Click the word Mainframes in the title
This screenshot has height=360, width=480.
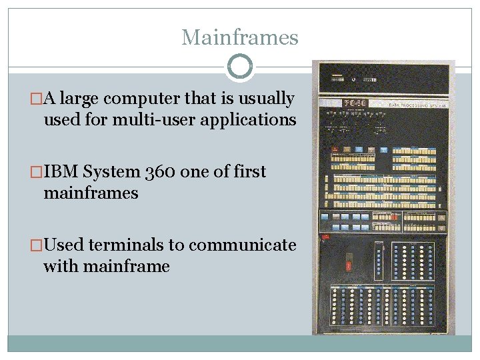point(240,37)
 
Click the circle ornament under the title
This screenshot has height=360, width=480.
point(240,67)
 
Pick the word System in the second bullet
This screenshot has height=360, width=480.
point(112,172)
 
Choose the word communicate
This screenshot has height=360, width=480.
point(243,245)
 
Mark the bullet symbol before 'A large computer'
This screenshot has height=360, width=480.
point(37,99)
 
